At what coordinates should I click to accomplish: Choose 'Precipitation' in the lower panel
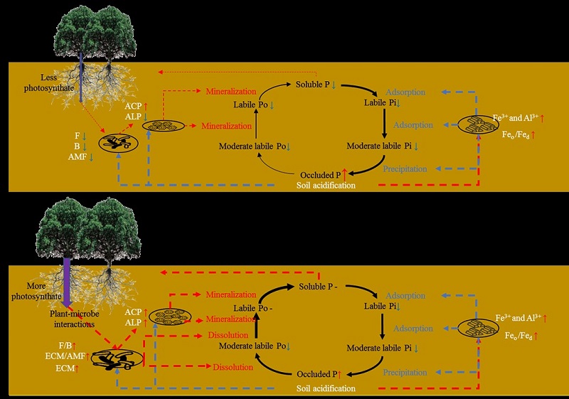point(405,373)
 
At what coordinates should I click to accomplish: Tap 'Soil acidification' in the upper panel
point(326,186)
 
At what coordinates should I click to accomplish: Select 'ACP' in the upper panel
point(133,105)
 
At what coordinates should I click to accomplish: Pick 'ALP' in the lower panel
point(133,321)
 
